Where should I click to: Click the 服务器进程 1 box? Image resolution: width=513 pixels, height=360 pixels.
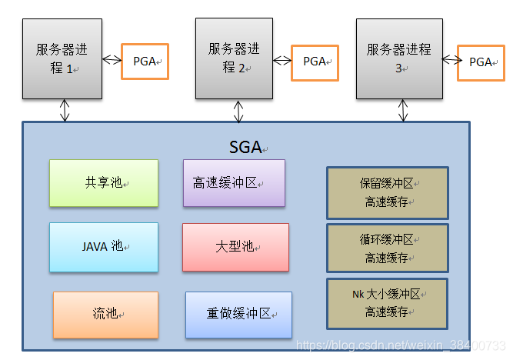point(62,59)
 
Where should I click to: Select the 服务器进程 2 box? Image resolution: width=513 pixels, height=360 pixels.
point(234,59)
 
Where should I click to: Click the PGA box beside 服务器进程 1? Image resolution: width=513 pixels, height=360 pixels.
point(145,61)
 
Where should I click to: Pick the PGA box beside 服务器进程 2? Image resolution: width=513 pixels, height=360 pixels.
point(315,61)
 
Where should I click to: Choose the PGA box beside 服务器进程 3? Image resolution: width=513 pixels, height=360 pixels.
point(481,62)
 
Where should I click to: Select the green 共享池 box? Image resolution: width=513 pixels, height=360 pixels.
point(104,183)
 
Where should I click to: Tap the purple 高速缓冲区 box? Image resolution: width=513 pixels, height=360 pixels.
point(234,183)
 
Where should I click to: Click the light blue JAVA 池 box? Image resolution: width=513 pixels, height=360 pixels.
point(104,247)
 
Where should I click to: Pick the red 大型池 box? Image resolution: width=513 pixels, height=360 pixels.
point(235,247)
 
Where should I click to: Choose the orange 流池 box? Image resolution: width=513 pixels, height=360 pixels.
point(105,314)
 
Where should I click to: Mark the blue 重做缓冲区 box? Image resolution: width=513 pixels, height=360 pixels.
point(238,314)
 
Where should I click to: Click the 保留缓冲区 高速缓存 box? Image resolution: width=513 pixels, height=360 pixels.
point(387,193)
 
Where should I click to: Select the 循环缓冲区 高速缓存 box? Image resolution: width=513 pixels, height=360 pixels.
point(387,248)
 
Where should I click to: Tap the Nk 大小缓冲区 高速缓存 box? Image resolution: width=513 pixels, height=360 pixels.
point(387,303)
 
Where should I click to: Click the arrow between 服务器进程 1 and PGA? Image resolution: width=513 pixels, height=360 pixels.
point(112,60)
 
